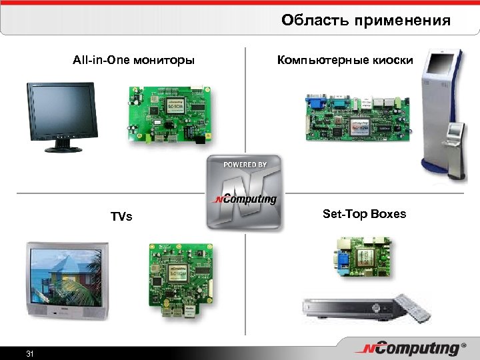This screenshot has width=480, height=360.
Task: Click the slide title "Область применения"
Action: (x=365, y=21)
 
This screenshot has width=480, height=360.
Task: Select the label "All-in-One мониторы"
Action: (x=133, y=61)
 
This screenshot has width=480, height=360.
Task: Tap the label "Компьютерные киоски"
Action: (x=345, y=61)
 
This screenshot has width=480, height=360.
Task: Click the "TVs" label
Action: (x=121, y=217)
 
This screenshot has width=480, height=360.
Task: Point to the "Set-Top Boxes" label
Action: (x=364, y=214)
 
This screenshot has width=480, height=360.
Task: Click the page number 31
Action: (x=29, y=353)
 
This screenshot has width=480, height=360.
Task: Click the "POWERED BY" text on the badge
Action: (x=245, y=165)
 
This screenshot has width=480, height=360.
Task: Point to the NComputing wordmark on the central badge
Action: (x=245, y=199)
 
